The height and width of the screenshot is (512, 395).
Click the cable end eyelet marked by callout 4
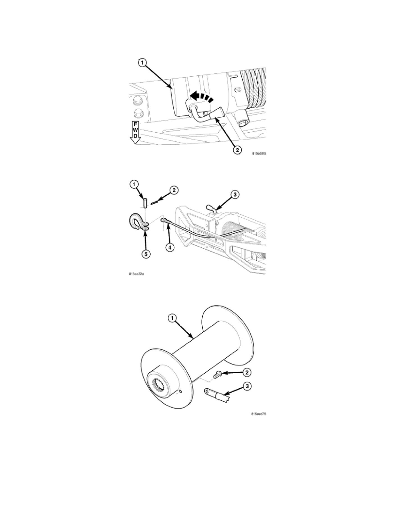(164, 221)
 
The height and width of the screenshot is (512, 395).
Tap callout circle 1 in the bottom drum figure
(172, 318)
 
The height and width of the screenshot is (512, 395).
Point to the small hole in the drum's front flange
(181, 392)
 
